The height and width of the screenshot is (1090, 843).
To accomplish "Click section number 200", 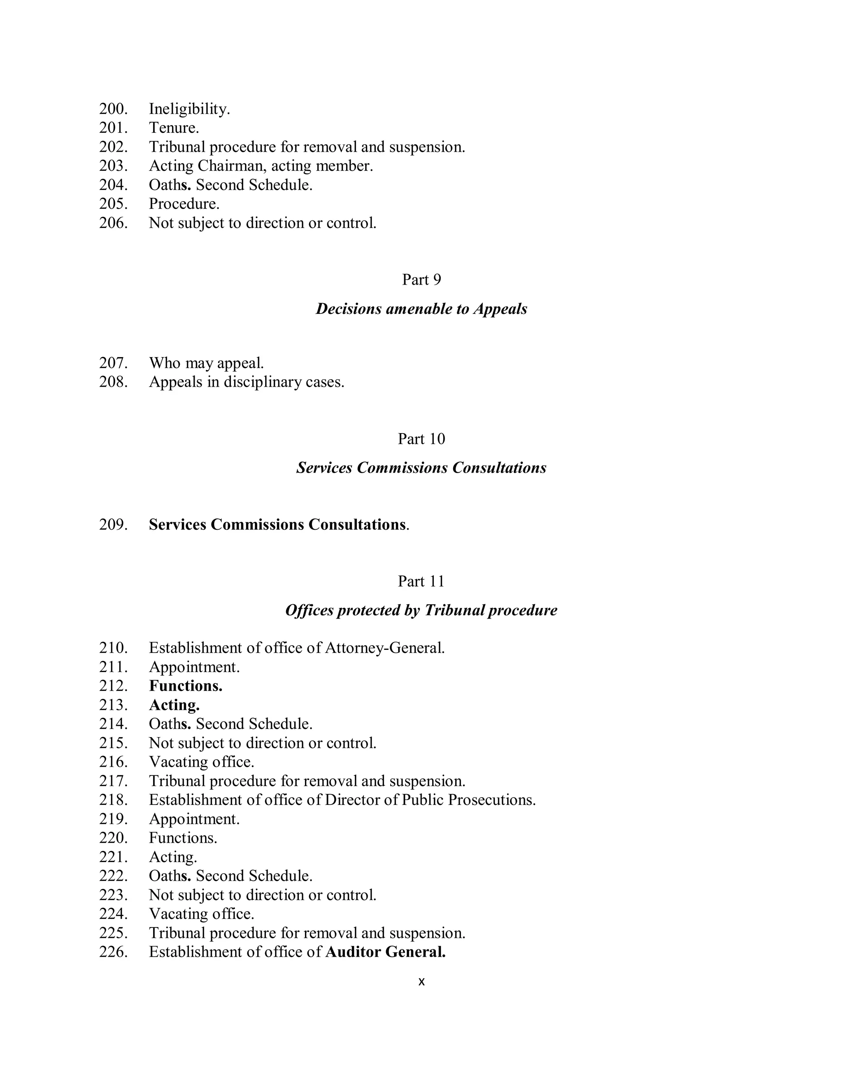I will pyautogui.click(x=113, y=109).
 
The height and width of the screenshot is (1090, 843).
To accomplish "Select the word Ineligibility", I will pyautogui.click(x=189, y=109).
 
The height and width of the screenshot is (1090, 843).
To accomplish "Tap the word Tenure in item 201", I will pyautogui.click(x=173, y=128).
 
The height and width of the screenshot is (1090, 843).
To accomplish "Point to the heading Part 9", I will pyautogui.click(x=421, y=279).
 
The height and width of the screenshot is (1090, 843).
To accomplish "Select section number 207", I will pyautogui.click(x=113, y=363).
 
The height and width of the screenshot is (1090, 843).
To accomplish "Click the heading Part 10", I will pyautogui.click(x=421, y=439).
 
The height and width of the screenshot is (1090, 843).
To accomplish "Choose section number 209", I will pyautogui.click(x=113, y=524).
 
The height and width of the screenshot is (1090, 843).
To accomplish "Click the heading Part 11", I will pyautogui.click(x=421, y=582).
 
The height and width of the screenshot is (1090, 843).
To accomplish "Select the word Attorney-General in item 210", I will pyautogui.click(x=384, y=648).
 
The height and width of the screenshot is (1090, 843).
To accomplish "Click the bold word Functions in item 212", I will pyautogui.click(x=185, y=686).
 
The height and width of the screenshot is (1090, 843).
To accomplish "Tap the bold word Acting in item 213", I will pyautogui.click(x=174, y=705).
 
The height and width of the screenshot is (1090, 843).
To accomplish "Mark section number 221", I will pyautogui.click(x=113, y=857).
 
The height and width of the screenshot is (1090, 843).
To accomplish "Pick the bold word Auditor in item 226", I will pyautogui.click(x=353, y=952).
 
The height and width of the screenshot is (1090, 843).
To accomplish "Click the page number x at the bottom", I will pyautogui.click(x=421, y=982).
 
